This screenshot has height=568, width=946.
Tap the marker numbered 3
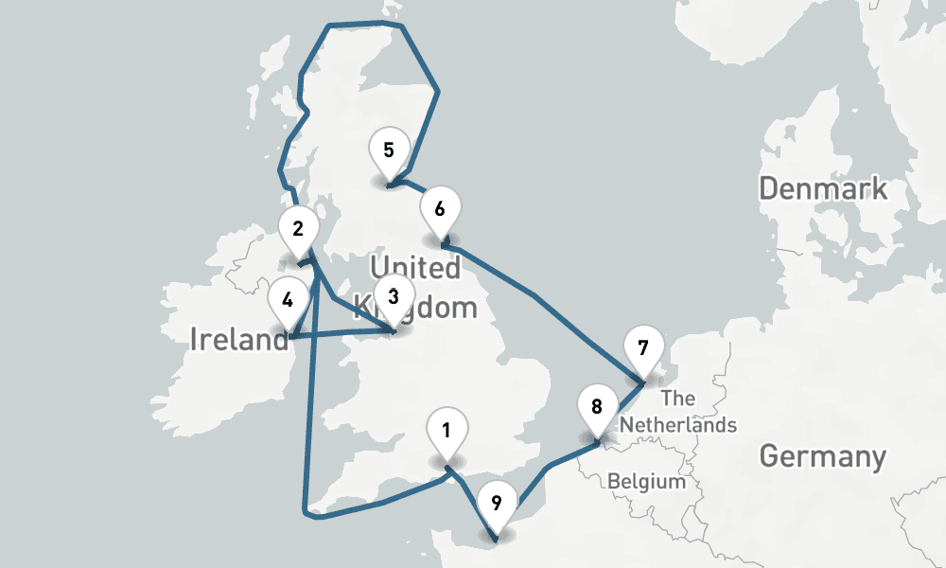pos(394,297)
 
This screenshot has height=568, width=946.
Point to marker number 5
pos(389,151)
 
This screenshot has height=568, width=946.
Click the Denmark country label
pos(823,187)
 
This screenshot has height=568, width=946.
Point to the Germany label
pos(823,456)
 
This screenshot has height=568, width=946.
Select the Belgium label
pos(646,482)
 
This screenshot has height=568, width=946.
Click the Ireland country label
pos(239,338)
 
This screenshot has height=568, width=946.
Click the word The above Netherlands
pos(678,398)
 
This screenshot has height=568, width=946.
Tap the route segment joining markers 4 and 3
pos(341,332)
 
